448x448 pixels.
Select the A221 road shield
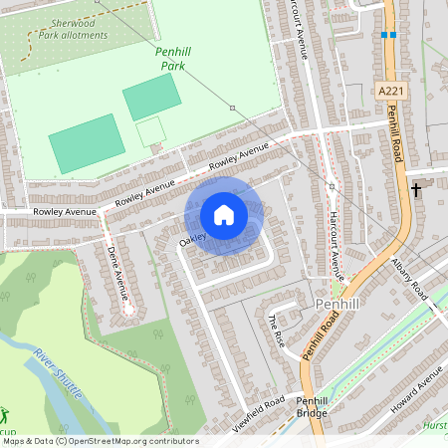(391, 91)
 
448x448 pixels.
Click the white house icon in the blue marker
(224, 215)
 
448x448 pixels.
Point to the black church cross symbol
(416, 188)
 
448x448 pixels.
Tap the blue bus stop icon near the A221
(388, 35)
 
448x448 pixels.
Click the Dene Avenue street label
(116, 275)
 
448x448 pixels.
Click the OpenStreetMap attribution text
(100, 441)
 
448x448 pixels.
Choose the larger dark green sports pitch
(88, 142)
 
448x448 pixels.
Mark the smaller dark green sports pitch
(151, 97)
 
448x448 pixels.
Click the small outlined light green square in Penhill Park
(150, 131)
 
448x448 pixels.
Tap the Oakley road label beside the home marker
(192, 239)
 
